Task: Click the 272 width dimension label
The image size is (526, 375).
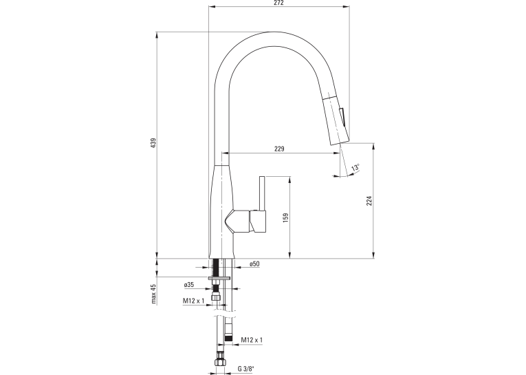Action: (278, 3)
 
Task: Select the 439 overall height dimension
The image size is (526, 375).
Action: (153, 142)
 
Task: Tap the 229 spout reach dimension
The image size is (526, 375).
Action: (279, 149)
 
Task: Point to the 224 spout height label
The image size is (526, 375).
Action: (369, 200)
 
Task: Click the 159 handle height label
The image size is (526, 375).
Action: (286, 218)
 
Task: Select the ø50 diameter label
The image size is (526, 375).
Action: (254, 264)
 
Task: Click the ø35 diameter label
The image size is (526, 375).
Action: (189, 285)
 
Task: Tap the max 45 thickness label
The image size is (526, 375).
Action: (153, 294)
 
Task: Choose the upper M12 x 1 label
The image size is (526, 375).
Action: (194, 301)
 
